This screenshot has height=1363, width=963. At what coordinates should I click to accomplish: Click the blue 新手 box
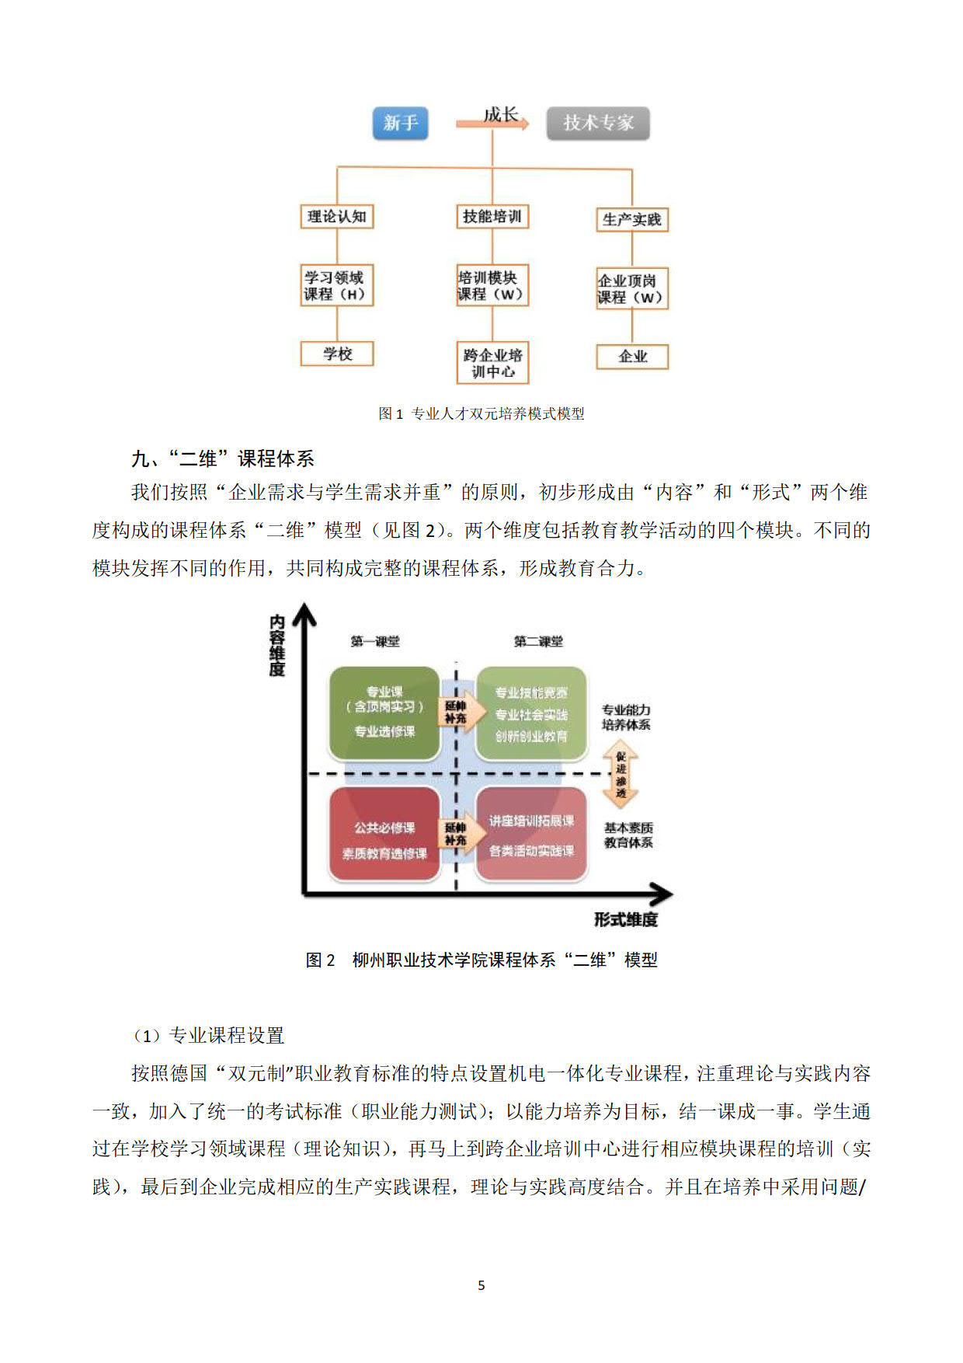point(400,123)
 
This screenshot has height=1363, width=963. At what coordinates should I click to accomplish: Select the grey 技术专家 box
point(597,123)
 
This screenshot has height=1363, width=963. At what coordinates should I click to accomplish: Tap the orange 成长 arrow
point(494,123)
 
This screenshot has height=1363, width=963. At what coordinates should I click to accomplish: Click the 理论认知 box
point(337,216)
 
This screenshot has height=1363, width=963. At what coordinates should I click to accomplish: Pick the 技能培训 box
point(492,216)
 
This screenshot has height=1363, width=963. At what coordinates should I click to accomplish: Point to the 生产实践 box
point(631,220)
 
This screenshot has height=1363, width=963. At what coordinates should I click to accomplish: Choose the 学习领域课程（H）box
point(337,286)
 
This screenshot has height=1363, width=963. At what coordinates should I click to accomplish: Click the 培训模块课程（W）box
point(492,286)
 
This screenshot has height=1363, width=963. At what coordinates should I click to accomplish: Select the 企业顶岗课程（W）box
point(631,289)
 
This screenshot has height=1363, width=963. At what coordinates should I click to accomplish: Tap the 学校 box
point(337,354)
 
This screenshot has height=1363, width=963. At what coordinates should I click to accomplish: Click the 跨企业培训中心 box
point(492,363)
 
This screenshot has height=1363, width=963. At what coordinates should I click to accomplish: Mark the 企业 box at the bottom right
point(631,357)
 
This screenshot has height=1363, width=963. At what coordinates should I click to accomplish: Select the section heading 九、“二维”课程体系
point(223,458)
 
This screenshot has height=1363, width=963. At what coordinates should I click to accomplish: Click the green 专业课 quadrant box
point(384,713)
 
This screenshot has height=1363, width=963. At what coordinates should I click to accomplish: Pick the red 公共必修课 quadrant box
point(384,834)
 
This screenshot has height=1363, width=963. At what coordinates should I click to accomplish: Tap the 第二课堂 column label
point(537,642)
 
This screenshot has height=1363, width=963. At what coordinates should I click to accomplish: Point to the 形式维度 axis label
point(626,920)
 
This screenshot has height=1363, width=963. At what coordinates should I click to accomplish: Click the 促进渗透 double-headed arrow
point(621,776)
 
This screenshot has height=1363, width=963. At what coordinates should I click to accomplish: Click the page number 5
point(481,1285)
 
